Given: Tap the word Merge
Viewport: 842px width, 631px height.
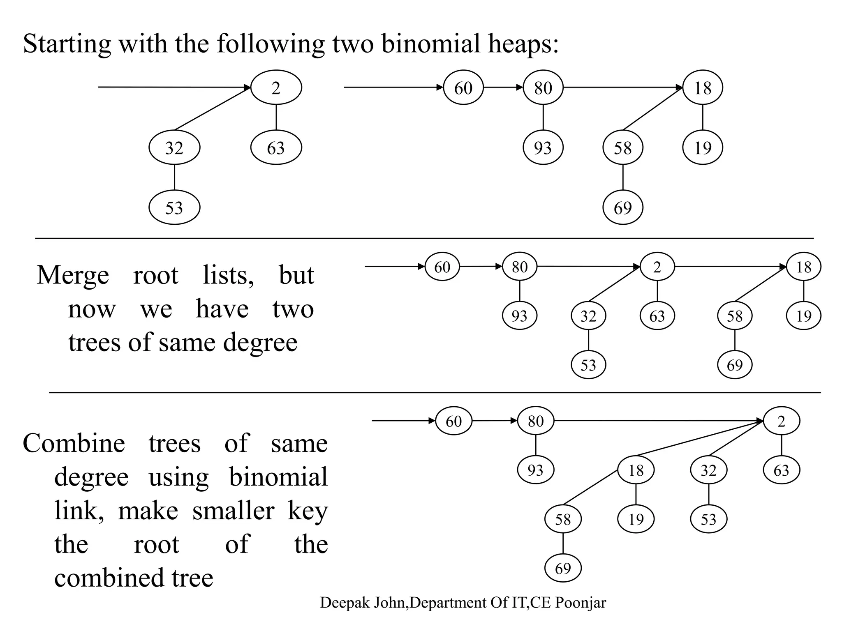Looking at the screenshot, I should click(x=73, y=275).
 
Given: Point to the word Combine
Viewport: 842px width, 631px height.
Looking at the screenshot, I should click(x=74, y=444).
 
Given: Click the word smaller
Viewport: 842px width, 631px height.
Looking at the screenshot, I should click(x=233, y=511).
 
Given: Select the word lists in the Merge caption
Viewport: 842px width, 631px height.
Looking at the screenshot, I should click(x=228, y=275).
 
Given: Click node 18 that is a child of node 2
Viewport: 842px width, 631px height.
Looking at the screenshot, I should click(x=636, y=470).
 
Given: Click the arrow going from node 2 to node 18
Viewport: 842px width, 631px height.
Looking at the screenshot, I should click(x=730, y=267).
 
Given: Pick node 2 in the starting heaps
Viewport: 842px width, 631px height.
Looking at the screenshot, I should click(x=276, y=88).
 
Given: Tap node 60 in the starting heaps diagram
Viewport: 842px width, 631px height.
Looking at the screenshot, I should click(x=463, y=88).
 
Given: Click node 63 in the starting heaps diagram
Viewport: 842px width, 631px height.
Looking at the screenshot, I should click(x=276, y=148).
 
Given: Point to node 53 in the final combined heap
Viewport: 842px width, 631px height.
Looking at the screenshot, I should click(x=708, y=520).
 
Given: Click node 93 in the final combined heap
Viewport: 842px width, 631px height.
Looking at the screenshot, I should click(x=535, y=470).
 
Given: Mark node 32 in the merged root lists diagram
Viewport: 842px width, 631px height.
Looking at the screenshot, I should click(x=588, y=316).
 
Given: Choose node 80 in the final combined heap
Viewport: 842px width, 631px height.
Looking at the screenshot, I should click(x=535, y=421).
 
